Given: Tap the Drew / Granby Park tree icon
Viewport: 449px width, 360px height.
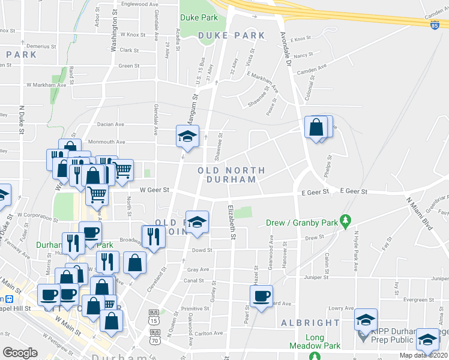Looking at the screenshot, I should [x=345, y=222].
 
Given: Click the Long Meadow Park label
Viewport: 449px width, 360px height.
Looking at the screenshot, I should [x=315, y=341].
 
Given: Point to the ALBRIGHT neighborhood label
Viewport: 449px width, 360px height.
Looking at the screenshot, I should [x=310, y=323].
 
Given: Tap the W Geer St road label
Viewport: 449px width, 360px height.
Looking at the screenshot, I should [x=155, y=190].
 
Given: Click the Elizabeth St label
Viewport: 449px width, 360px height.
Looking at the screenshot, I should [x=231, y=222].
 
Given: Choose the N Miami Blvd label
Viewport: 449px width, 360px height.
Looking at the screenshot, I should [x=419, y=214].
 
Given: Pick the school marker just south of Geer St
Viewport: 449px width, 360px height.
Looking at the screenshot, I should [x=197, y=221].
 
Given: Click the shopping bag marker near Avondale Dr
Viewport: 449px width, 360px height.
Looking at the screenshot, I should [x=316, y=127].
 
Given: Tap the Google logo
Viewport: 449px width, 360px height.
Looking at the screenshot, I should [x=20, y=353].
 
